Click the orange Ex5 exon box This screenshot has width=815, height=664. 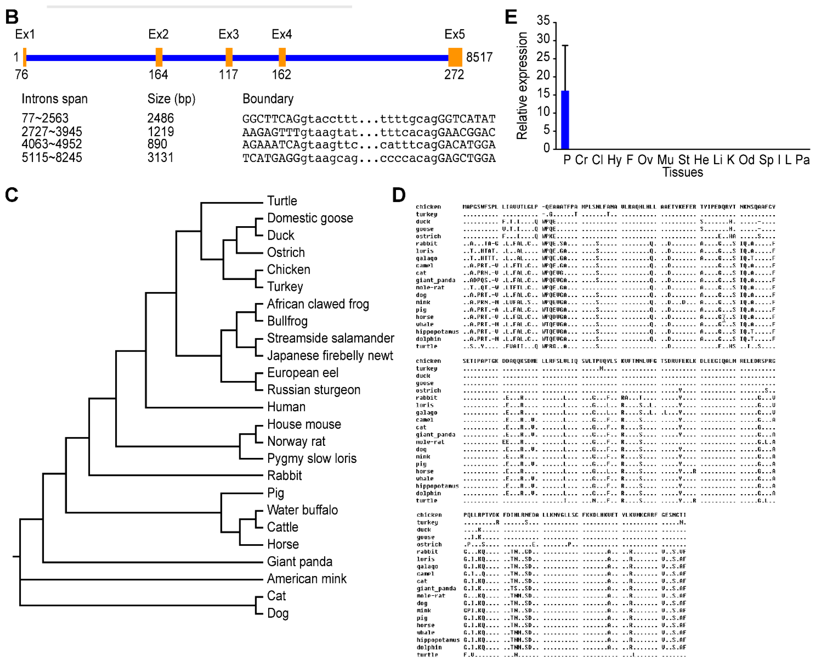click(455, 57)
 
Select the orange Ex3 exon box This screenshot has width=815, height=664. click(229, 57)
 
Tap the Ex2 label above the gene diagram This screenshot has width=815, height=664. click(158, 34)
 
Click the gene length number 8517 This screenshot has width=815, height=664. click(479, 57)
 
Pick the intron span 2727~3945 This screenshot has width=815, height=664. click(52, 132)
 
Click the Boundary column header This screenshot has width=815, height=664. click(268, 99)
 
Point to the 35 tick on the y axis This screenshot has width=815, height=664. click(543, 20)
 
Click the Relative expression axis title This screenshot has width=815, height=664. click(522, 86)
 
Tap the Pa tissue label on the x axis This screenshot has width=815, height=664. click(802, 160)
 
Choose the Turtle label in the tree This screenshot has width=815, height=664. click(282, 201)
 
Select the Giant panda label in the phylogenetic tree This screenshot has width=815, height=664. click(300, 561)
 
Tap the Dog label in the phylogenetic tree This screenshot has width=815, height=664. click(278, 613)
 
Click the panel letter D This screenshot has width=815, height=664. click(399, 195)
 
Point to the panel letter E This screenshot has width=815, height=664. click(511, 17)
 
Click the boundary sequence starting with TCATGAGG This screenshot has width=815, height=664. click(369, 158)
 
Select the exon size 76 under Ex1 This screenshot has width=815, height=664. click(21, 74)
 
